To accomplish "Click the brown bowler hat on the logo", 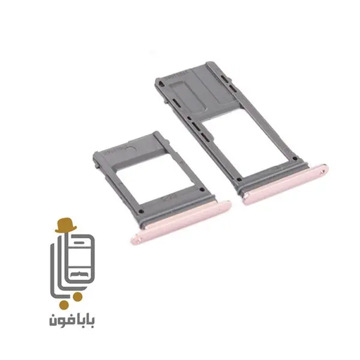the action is click(x=65, y=225).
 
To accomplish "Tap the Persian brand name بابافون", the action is click(x=71, y=320).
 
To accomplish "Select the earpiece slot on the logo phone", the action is click(x=80, y=242).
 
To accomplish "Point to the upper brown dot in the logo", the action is click(x=77, y=296).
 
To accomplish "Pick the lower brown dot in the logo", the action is click(x=64, y=305).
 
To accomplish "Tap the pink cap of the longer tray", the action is click(x=286, y=184).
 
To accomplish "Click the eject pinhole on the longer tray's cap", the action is click(x=323, y=170).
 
